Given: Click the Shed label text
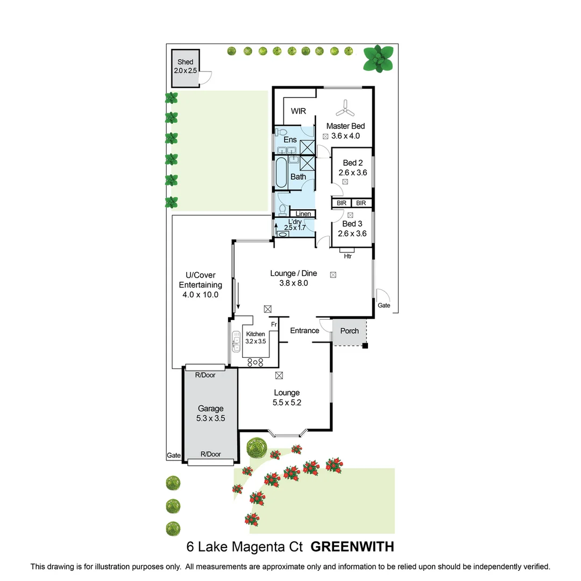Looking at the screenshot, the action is [185, 62].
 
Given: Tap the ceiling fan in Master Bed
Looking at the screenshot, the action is [345, 108].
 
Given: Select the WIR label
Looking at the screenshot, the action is [298, 111].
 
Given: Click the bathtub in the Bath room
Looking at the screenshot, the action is [281, 172].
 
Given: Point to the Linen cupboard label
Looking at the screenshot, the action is [303, 214].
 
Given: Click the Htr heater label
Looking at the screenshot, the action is [348, 256].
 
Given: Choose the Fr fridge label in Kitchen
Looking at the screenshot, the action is [274, 324].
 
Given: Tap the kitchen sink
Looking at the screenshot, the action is [236, 342].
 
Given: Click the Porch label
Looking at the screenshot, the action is [350, 331].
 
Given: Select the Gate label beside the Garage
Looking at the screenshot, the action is [173, 456].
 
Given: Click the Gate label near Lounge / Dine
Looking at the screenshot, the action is [384, 306].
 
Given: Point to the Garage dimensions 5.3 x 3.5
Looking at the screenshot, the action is [210, 419].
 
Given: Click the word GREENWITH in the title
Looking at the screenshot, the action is [352, 547].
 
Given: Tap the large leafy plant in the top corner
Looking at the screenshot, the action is [378, 59].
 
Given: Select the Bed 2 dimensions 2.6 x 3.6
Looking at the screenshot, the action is [353, 173].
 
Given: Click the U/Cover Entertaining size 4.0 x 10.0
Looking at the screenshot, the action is [201, 295].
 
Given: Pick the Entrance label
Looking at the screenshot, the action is [304, 330].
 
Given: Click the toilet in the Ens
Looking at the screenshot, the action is [281, 132].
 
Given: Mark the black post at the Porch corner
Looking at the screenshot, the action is [365, 346].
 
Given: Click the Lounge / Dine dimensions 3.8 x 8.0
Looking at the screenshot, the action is [294, 283].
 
